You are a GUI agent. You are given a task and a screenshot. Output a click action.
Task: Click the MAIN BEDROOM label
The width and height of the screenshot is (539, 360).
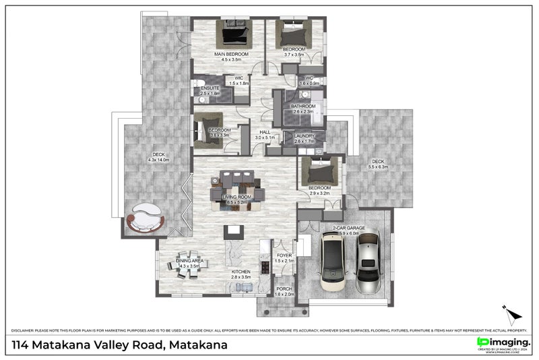tap(232, 54)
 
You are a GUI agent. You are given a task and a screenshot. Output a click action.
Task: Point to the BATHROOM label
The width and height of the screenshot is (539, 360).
tap(303, 107)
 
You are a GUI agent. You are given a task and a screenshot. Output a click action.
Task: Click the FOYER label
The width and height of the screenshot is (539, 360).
tap(284, 256)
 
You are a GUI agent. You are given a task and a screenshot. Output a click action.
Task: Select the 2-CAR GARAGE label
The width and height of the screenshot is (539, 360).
tap(348, 229)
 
